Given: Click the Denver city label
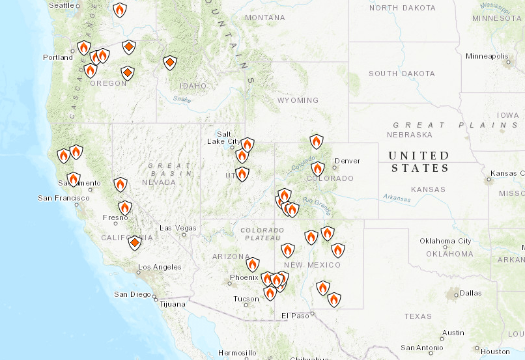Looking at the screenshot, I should click(347, 161).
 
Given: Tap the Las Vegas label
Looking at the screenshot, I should click(178, 228).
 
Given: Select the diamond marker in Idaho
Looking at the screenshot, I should click(169, 62).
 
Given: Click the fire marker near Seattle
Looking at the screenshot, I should click(119, 10).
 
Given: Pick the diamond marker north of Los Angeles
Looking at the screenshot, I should click(134, 243).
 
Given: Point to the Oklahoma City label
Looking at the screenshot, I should click(446, 241).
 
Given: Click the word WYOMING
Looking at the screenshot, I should click(298, 100).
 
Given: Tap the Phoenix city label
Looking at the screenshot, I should click(244, 278).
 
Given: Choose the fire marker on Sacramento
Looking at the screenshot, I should click(74, 178).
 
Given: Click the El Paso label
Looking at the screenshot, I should click(293, 316).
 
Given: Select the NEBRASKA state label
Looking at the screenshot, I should click(410, 135).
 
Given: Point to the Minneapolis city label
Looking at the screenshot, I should click(487, 56).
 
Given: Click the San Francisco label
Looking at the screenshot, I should click(63, 198).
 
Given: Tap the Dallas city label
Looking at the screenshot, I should click(470, 293).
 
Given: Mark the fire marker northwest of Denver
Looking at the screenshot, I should click(316, 141).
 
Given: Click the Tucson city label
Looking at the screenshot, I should click(246, 299).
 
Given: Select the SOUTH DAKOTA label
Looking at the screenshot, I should click(401, 74).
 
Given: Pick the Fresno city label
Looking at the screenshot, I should click(115, 218).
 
